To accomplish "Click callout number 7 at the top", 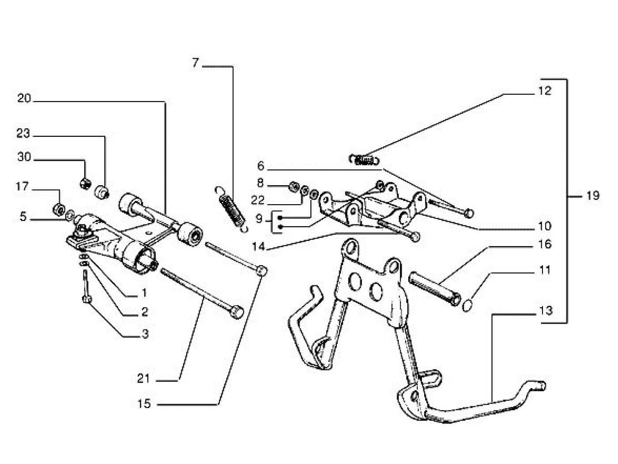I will coord(196,63).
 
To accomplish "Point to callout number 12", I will coord(545,91).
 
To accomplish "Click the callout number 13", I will coord(546,311).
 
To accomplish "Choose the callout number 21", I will coord(143,378).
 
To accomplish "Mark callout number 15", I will coord(144,403).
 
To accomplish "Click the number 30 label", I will coord(24,157).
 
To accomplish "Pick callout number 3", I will coord(145,334).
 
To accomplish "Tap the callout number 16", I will coord(545,244).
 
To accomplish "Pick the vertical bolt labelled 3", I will coord(86,289).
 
